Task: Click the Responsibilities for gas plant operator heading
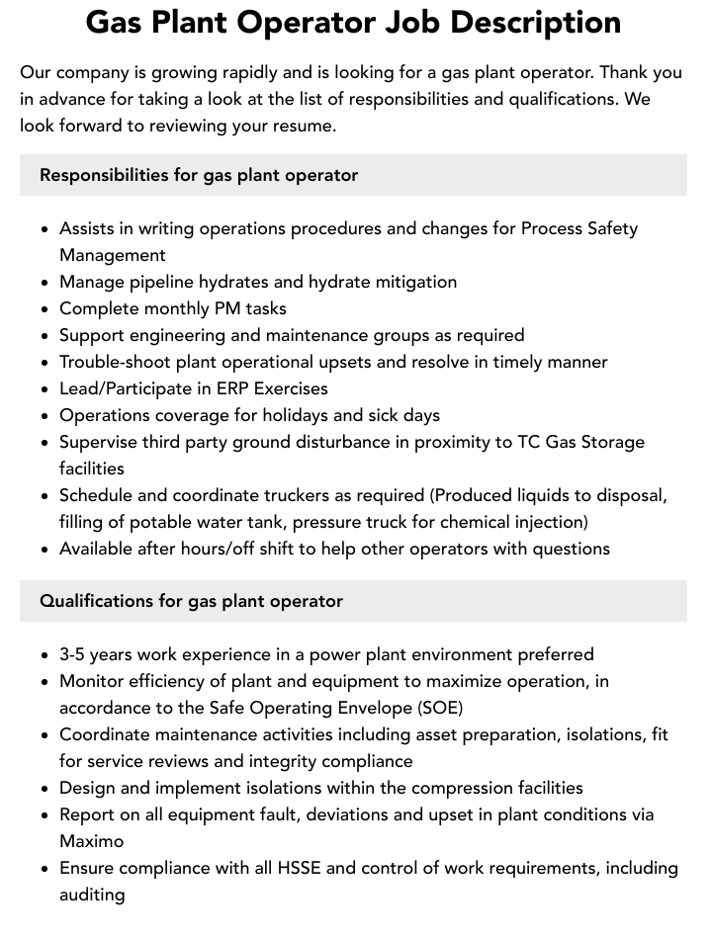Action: pos(199,175)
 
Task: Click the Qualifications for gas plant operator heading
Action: pos(191,601)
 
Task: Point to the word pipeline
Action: pos(157,282)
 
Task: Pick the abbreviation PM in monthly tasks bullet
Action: pos(227,308)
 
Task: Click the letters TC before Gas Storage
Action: pos(530,442)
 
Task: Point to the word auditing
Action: pos(92,894)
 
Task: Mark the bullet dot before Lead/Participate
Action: pos(45,389)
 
